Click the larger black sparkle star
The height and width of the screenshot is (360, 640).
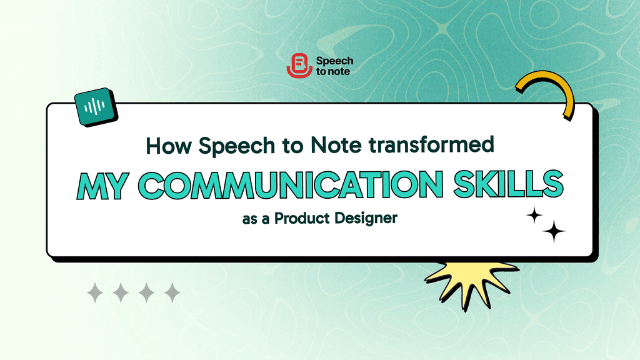(x=554, y=232)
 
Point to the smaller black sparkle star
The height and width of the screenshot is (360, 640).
(x=534, y=216)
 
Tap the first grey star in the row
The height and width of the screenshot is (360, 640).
(x=95, y=292)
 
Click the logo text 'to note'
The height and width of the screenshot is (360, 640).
(x=334, y=71)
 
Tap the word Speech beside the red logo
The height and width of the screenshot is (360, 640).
(x=335, y=61)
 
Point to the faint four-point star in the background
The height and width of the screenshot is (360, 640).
(x=445, y=29)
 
